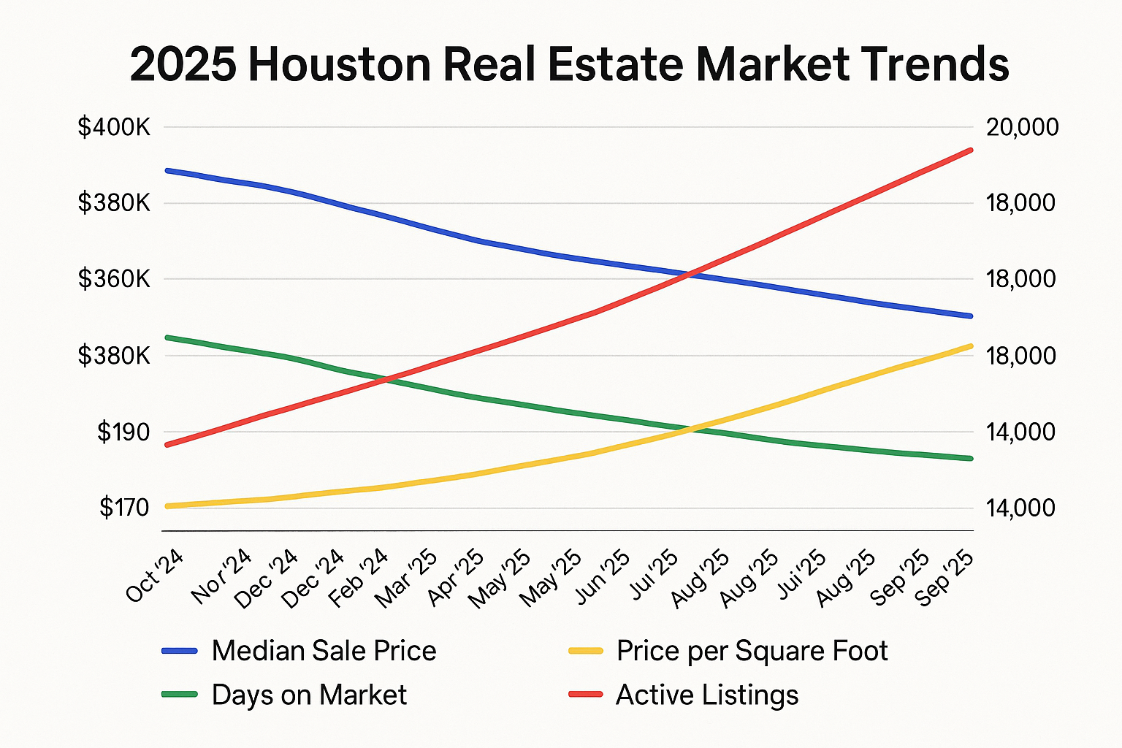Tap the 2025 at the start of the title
(x=183, y=64)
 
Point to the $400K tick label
(x=114, y=128)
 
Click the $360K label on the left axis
(x=114, y=279)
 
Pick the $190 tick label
(x=123, y=432)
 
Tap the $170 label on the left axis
(x=123, y=508)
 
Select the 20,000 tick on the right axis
(x=1022, y=128)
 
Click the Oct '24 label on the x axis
(x=155, y=576)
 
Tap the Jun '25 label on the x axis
(x=603, y=578)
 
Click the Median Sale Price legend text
(x=324, y=651)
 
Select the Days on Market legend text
(x=309, y=695)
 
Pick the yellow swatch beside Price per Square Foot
(x=586, y=651)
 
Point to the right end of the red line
(x=971, y=150)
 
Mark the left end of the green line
(x=167, y=337)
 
